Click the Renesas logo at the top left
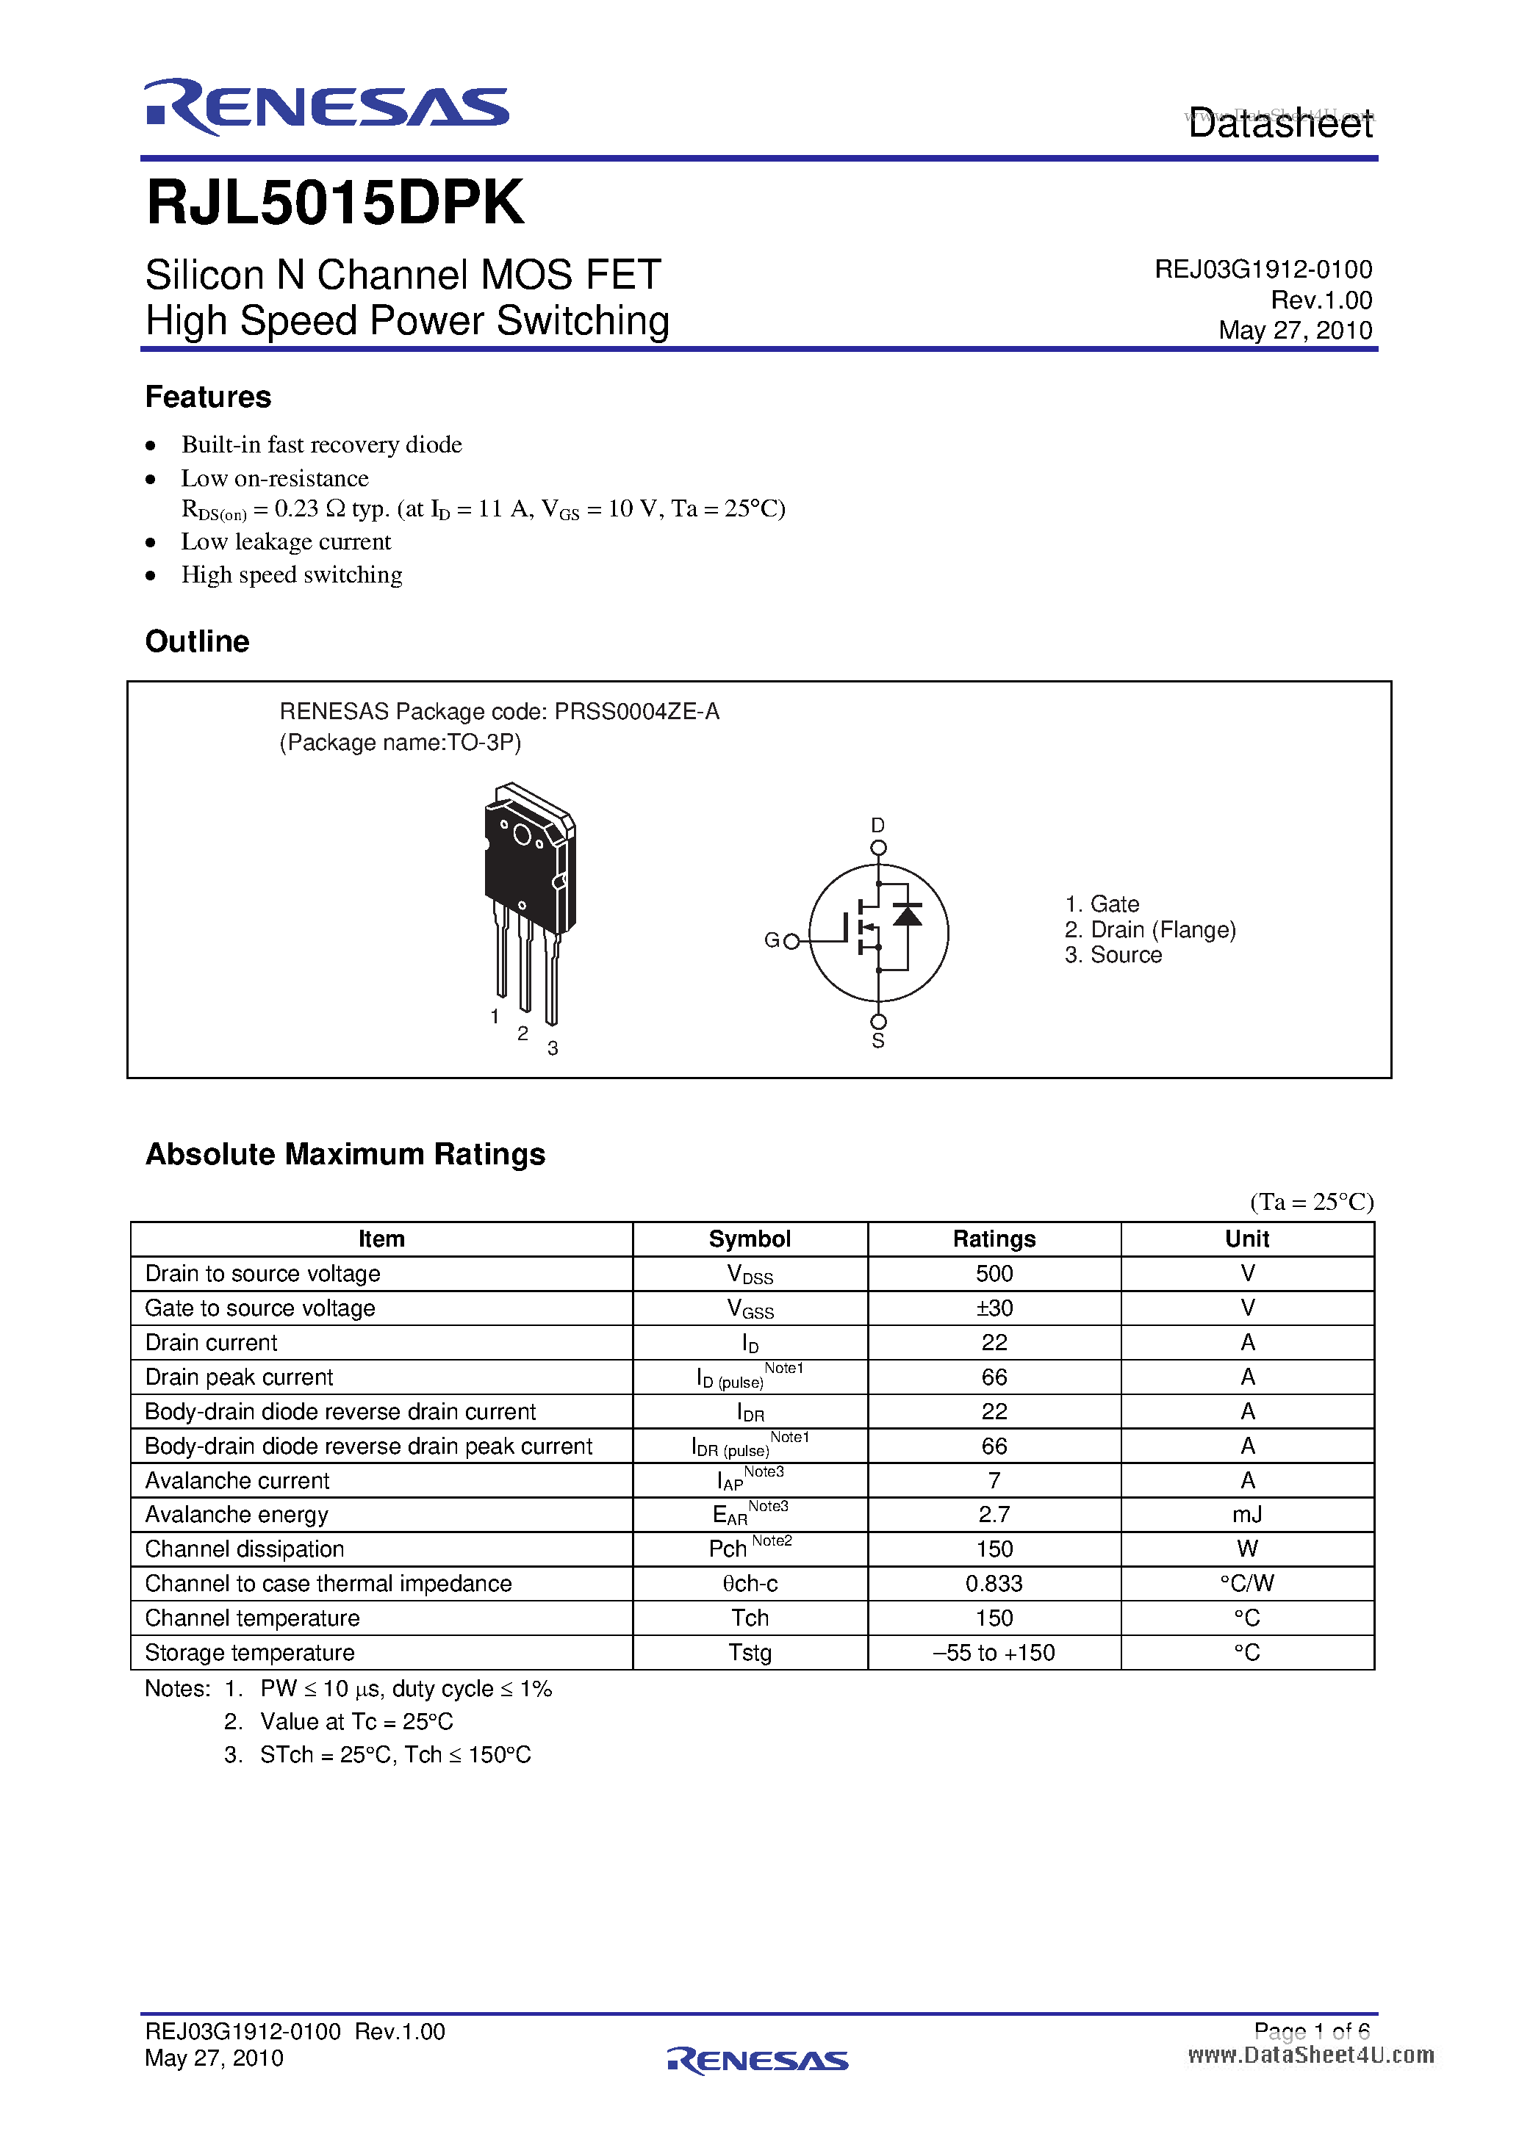pyautogui.click(x=326, y=107)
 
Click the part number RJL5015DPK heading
pyautogui.click(x=335, y=203)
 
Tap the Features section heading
pyautogui.click(x=208, y=397)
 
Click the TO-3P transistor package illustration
pyautogui.click(x=529, y=898)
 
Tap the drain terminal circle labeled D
pyautogui.click(x=878, y=848)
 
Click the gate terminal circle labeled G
pyautogui.click(x=791, y=941)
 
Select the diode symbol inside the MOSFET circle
pyautogui.click(x=907, y=914)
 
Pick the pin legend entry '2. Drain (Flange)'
pyautogui.click(x=1149, y=930)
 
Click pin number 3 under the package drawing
pyautogui.click(x=553, y=1049)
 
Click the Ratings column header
pyautogui.click(x=994, y=1239)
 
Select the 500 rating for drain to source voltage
pyautogui.click(x=994, y=1273)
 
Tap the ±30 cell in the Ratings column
pyautogui.click(x=994, y=1308)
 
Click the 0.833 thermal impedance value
pyautogui.click(x=994, y=1584)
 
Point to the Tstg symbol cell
pyautogui.click(x=750, y=1653)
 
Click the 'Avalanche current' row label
pyautogui.click(x=237, y=1481)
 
